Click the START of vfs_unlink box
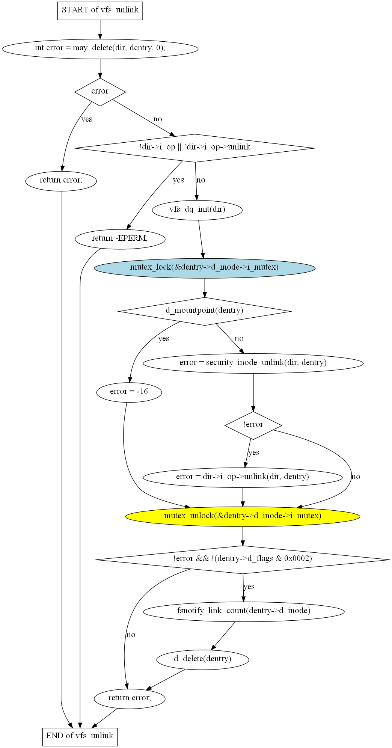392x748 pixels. click(100, 11)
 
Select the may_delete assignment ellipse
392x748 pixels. click(100, 49)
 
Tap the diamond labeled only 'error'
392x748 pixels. click(100, 92)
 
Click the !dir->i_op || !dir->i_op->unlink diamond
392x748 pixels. click(195, 148)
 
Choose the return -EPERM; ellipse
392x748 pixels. click(120, 239)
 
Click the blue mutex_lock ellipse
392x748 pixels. click(205, 268)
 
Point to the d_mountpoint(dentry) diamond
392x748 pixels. click(205, 311)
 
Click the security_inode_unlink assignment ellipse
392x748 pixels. click(253, 363)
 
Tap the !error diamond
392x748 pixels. click(253, 425)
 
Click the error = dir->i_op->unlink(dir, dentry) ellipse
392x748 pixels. click(243, 477)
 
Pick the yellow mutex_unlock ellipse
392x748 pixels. click(243, 516)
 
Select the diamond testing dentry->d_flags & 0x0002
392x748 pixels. click(243, 559)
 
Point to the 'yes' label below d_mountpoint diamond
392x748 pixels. click(164, 339)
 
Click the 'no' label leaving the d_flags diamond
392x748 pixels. click(131, 635)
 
